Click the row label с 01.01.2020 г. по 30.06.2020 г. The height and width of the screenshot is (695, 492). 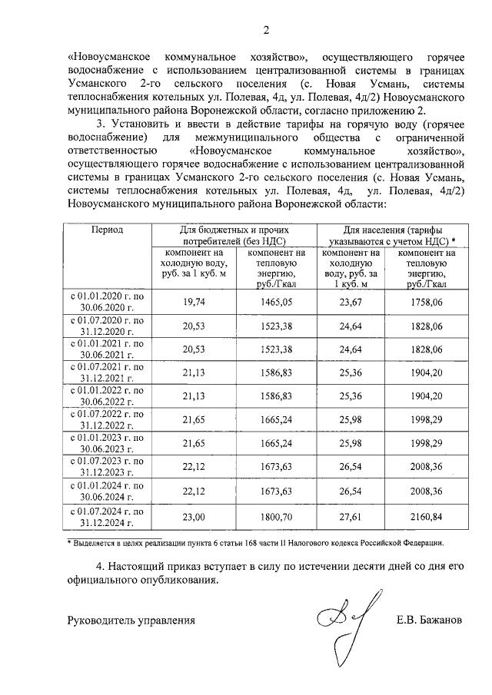coord(108,303)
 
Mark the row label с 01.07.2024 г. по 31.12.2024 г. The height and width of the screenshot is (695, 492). coord(108,518)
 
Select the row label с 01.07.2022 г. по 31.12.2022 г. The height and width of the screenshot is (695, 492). coord(108,422)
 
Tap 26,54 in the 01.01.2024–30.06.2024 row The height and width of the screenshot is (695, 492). coord(351,493)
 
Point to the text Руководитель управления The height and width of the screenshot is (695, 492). coord(131,620)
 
